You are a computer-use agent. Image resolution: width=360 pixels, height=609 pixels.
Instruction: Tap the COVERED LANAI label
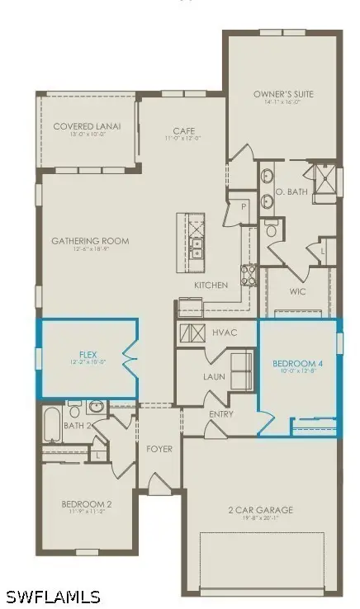[x=87, y=126]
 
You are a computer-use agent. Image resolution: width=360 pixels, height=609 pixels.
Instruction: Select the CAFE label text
[x=183, y=130]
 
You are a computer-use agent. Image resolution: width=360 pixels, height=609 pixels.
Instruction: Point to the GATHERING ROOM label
[x=90, y=241]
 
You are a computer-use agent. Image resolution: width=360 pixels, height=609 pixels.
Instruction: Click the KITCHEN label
[x=211, y=285]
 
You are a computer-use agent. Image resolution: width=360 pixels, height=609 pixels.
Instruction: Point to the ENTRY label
[x=221, y=413]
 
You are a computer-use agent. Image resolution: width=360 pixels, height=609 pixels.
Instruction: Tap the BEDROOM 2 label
[x=86, y=503]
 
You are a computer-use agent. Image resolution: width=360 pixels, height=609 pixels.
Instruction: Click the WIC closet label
[x=299, y=290]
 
